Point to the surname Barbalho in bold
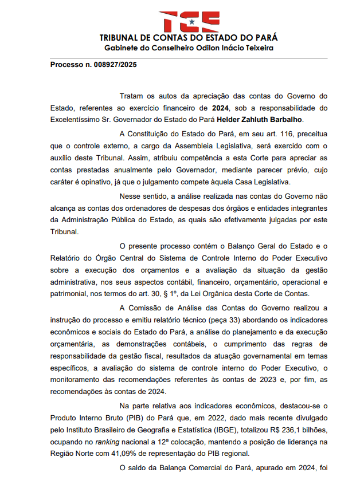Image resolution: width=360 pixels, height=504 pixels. pyautogui.click(x=285, y=119)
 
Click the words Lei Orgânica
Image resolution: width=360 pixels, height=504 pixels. pyautogui.click(x=199, y=294)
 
